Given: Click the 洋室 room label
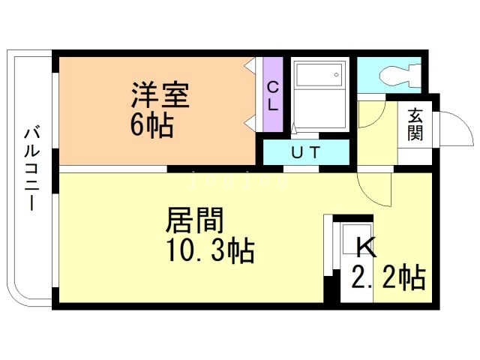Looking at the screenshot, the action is click(x=160, y=94).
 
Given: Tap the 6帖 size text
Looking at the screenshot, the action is click(x=152, y=125).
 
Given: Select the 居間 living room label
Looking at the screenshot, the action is click(x=195, y=220).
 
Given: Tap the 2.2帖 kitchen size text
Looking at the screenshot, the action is click(x=388, y=277).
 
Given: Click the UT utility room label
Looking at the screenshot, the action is click(x=306, y=152).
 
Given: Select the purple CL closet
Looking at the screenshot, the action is click(x=273, y=94).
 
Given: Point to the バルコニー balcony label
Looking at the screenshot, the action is click(x=31, y=169).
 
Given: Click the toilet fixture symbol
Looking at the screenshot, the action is click(x=400, y=75).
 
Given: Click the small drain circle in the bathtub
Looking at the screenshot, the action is click(x=337, y=74).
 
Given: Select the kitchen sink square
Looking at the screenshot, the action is click(x=357, y=238).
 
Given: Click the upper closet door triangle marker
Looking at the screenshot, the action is click(x=250, y=65).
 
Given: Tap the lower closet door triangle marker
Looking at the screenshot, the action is click(x=250, y=124).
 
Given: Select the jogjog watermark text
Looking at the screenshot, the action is click(x=239, y=180).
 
